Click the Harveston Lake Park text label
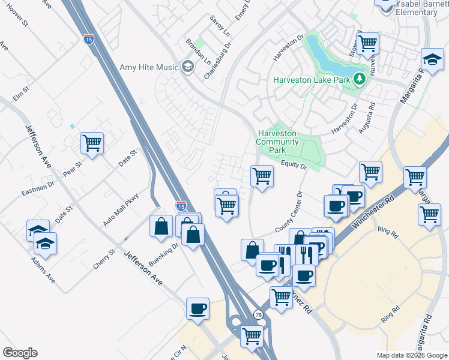[x=312, y=79]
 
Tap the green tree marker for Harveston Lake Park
[x=359, y=79]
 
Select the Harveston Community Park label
[x=277, y=142]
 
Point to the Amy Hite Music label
[x=149, y=67]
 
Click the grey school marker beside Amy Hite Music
[x=188, y=67]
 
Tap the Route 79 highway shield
[x=258, y=314]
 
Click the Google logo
[x=20, y=353]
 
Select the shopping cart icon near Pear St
[x=92, y=143]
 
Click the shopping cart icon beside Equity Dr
[x=262, y=176]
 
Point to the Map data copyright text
[x=411, y=355]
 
